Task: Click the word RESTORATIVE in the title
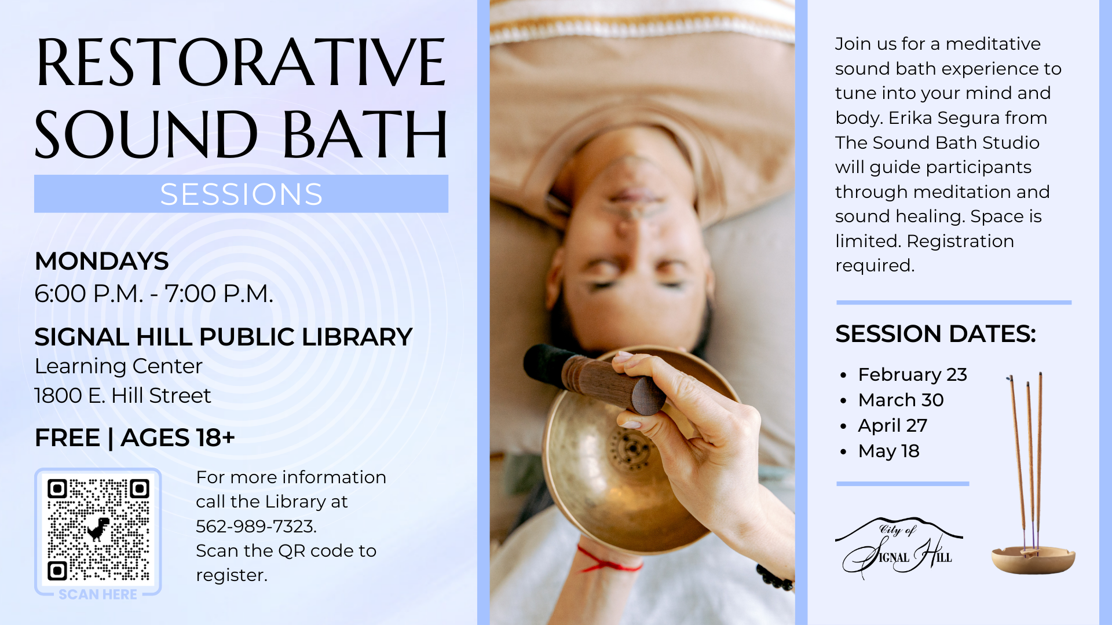click(x=241, y=62)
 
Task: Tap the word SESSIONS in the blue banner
click(x=241, y=194)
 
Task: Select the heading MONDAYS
click(x=101, y=261)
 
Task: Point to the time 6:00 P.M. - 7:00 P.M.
click(x=153, y=294)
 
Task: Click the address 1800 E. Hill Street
click(x=122, y=396)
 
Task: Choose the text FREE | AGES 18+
click(x=134, y=437)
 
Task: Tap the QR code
click(x=98, y=530)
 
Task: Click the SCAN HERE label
click(x=98, y=594)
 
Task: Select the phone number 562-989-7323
click(x=255, y=526)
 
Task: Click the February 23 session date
click(x=912, y=374)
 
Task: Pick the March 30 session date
click(x=901, y=400)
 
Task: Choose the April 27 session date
click(x=892, y=425)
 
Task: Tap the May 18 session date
click(x=888, y=451)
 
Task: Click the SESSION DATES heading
click(x=935, y=334)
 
